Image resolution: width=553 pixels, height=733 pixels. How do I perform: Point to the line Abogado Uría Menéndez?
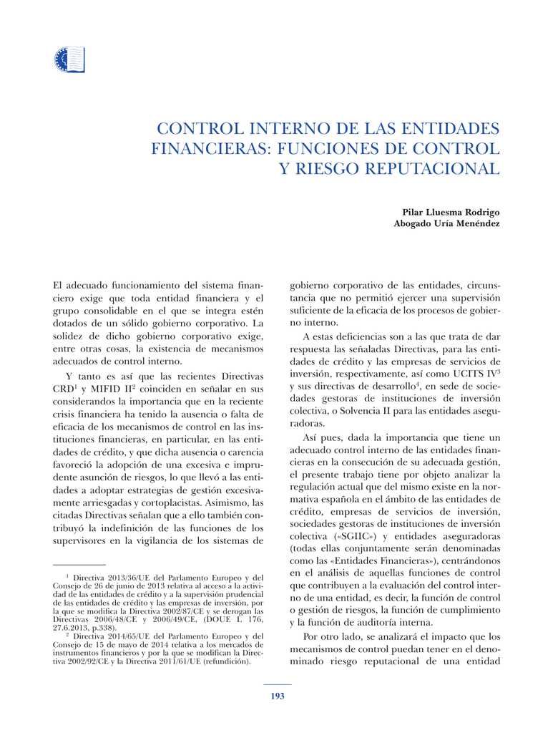446,224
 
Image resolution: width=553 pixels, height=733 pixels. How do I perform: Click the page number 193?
277,696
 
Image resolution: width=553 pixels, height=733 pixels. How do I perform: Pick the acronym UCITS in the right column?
451,374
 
